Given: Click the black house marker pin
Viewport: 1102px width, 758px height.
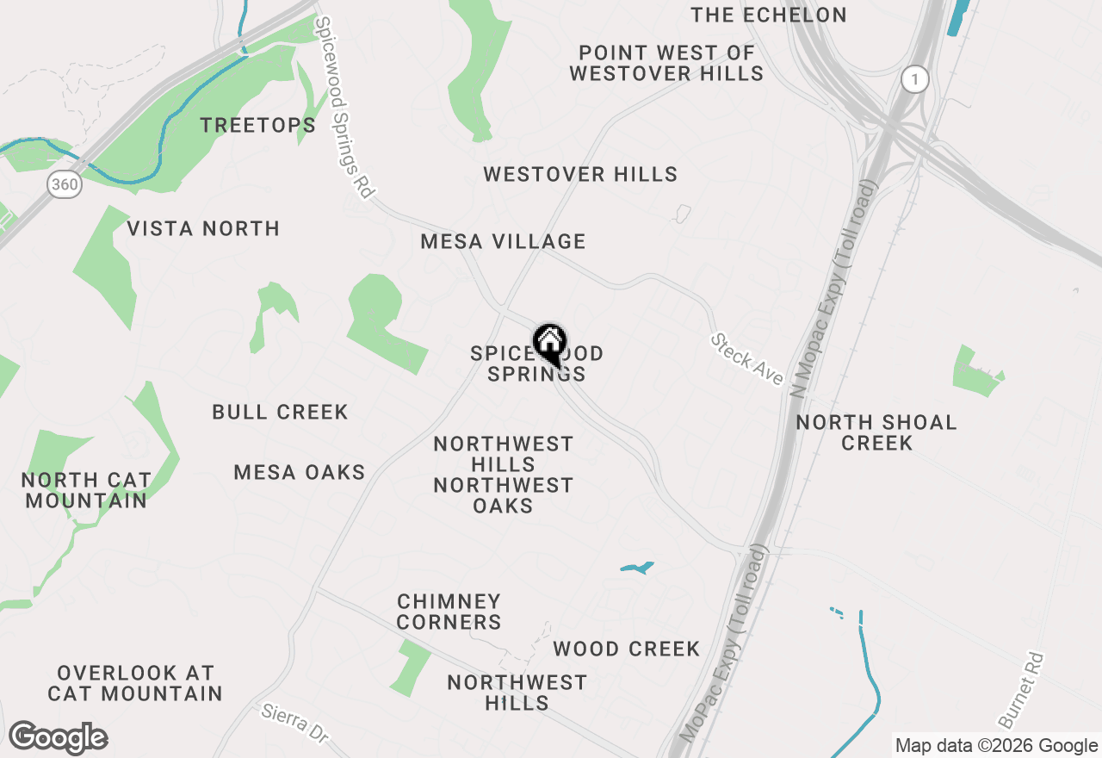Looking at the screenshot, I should (549, 344).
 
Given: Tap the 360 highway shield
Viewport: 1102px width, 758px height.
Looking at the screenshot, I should (65, 183).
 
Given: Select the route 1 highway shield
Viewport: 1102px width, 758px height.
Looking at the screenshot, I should (916, 80).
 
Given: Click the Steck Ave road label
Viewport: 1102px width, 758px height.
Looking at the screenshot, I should (746, 359).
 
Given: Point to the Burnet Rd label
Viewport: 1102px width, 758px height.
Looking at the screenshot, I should (1022, 690).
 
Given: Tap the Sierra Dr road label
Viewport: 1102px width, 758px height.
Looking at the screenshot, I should (295, 724).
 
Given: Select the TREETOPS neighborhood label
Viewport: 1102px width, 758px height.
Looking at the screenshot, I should (258, 126).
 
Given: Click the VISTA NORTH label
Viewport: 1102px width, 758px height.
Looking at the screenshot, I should (203, 229).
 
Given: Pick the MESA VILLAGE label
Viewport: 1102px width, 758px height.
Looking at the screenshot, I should (503, 242).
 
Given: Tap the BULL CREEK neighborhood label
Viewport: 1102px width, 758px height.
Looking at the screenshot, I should (280, 413).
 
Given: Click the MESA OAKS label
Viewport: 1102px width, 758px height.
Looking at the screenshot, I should (300, 473).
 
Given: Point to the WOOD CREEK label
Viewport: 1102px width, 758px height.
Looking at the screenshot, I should (626, 649).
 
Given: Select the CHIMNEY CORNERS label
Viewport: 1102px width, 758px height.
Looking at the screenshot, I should (449, 612).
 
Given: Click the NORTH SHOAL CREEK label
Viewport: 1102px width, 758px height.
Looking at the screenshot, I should (876, 432).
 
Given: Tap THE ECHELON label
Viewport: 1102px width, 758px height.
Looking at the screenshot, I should (769, 16).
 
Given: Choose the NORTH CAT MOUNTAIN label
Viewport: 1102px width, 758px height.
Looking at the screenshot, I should (86, 490).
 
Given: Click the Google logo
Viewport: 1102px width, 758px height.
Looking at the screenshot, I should (58, 738).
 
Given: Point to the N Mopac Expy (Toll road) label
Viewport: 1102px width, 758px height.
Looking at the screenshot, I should (834, 283).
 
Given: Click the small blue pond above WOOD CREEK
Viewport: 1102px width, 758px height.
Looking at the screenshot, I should (637, 568).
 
